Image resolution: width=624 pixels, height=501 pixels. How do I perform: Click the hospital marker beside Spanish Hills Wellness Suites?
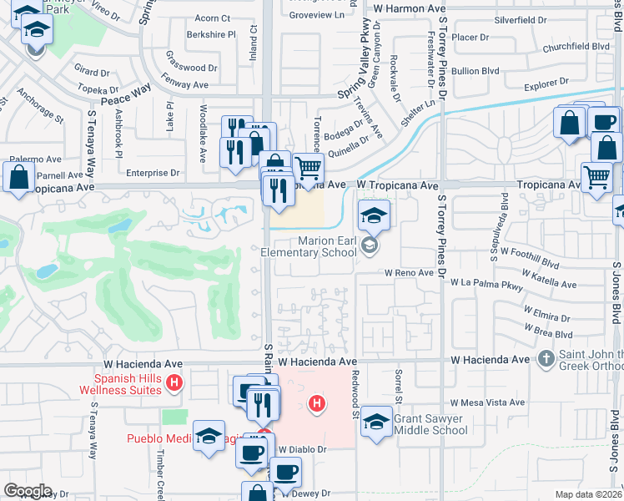click(174, 383)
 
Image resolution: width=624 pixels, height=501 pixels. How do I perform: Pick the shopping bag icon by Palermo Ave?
click(18, 177)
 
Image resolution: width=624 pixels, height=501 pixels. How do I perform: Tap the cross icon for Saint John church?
click(546, 359)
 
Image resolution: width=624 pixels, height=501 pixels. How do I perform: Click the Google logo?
click(28, 491)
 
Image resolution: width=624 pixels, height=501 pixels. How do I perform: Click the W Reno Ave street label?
click(409, 273)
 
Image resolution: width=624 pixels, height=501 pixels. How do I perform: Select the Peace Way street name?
click(126, 87)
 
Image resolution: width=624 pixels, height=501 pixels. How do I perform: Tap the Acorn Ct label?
click(212, 18)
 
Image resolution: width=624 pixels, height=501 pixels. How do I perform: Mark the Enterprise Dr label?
click(152, 173)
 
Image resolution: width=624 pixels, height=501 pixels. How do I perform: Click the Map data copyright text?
click(588, 494)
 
